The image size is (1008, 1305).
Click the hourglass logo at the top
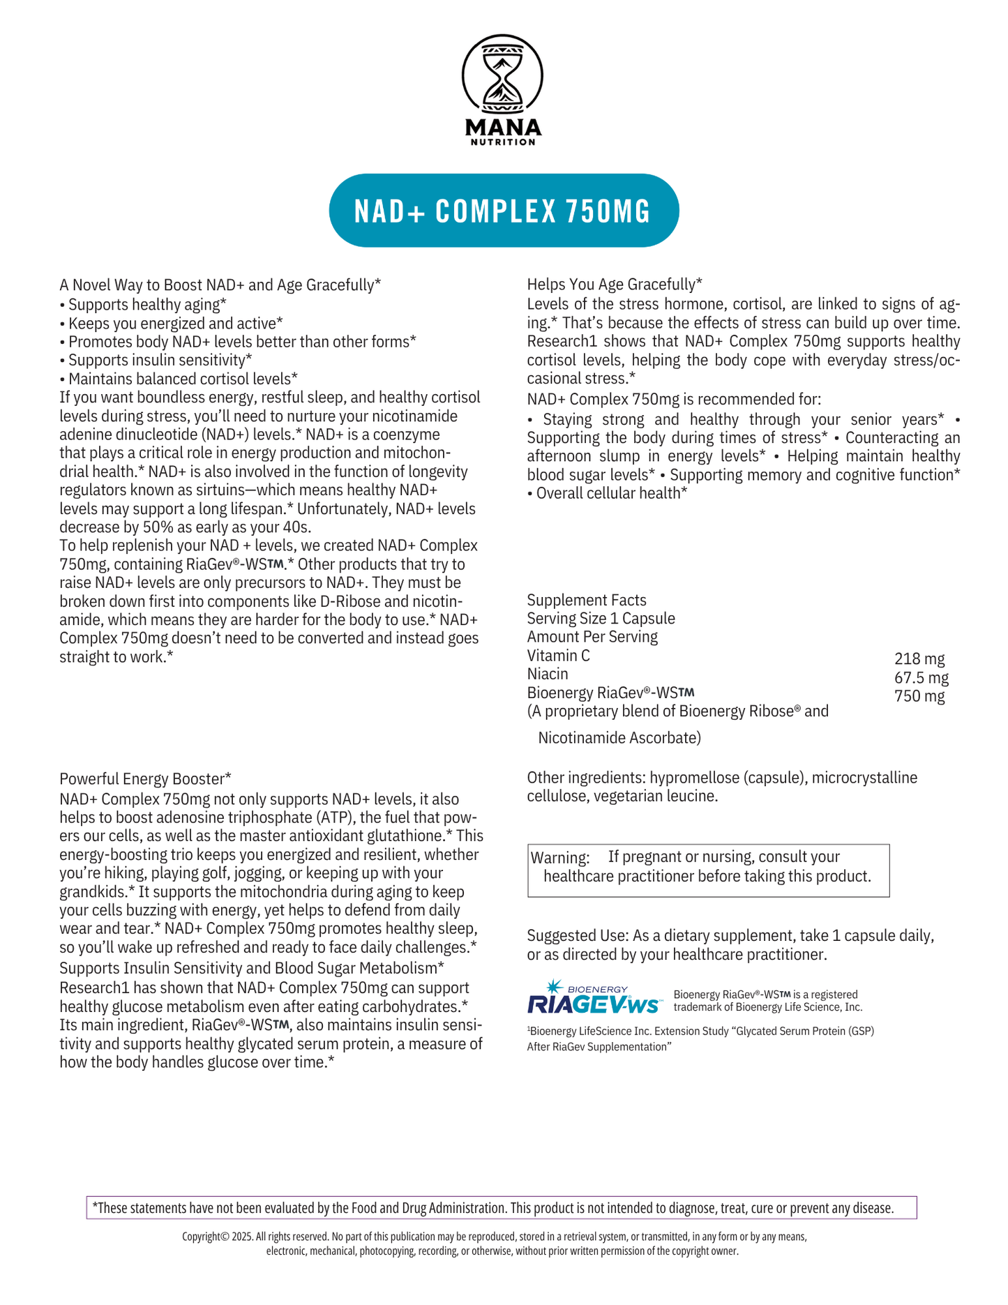(502, 74)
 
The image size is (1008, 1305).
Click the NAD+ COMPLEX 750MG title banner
(503, 211)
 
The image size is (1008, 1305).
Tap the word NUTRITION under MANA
(502, 142)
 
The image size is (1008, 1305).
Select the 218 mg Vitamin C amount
(919, 659)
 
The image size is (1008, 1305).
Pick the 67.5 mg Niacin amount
(921, 678)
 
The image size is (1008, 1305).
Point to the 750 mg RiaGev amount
(919, 697)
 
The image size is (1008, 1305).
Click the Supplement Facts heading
(586, 601)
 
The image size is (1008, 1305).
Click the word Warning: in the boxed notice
(560, 857)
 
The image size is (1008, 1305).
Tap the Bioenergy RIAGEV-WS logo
(594, 997)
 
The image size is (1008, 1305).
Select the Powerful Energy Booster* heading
(145, 778)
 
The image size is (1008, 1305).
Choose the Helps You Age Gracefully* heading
(614, 285)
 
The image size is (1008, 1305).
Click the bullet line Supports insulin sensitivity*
(160, 360)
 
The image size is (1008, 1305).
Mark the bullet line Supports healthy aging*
(147, 305)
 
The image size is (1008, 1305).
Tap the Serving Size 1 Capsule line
(601, 619)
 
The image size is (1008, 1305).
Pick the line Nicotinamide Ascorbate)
(619, 738)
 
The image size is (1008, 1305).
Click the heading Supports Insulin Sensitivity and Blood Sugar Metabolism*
(252, 968)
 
